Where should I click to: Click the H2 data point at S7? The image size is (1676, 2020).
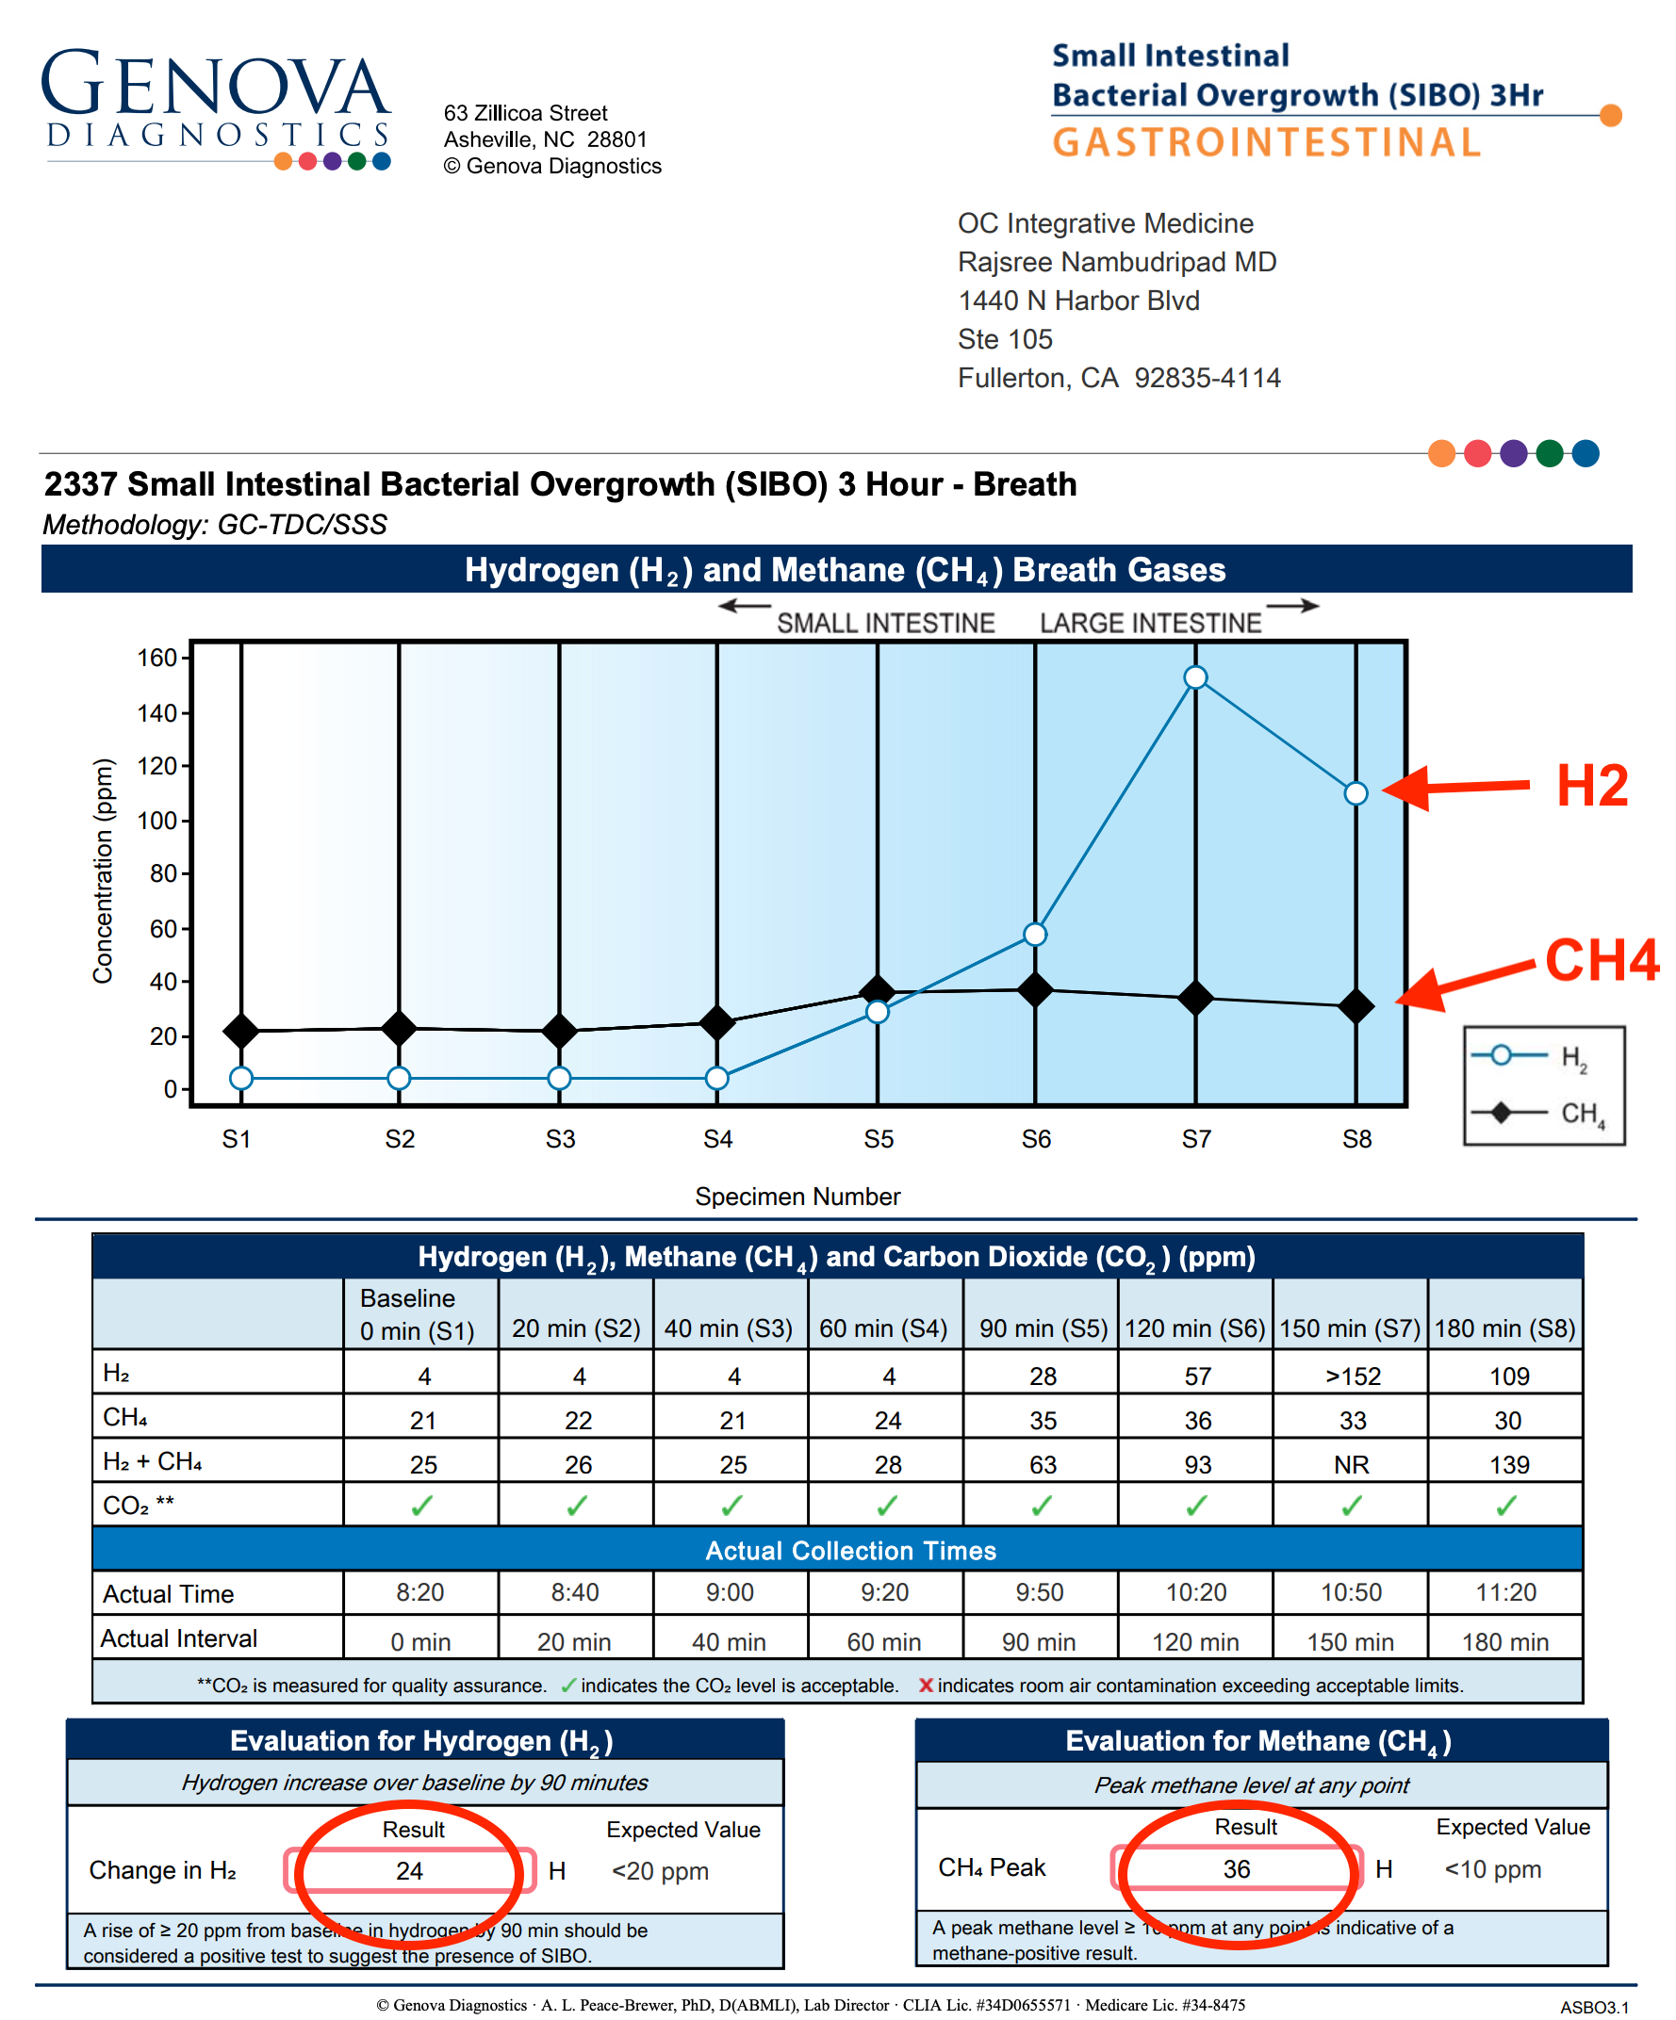(1195, 677)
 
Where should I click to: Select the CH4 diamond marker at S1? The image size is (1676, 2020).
(241, 1031)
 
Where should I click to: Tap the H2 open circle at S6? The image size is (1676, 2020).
(1035, 934)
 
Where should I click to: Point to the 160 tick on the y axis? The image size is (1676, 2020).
(156, 658)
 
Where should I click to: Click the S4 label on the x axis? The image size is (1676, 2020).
(717, 1139)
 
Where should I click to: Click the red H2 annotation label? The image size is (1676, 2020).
(1592, 785)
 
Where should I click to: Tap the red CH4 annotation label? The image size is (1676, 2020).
(1602, 959)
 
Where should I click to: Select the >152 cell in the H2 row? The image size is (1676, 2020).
(1352, 1377)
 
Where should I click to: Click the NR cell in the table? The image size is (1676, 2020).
(1351, 1465)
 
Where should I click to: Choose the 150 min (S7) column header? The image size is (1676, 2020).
(1350, 1328)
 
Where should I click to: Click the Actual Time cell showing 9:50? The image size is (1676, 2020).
(1039, 1593)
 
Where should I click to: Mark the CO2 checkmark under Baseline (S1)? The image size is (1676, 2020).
(421, 1507)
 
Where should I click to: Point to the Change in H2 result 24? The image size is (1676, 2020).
(410, 1871)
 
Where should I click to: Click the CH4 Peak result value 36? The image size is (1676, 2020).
(1237, 1869)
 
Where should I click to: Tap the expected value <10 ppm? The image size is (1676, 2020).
(1492, 1869)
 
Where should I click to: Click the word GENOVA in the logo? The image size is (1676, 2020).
(216, 86)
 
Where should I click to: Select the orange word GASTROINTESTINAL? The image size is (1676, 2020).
(1266, 143)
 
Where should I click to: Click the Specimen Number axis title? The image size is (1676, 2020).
(797, 1197)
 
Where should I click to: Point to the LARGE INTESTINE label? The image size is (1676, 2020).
(1150, 624)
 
